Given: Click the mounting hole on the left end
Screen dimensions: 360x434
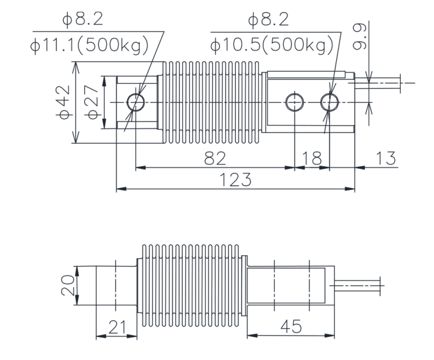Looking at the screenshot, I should [x=136, y=102].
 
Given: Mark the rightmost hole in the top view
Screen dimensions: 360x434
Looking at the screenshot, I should [x=330, y=102].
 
